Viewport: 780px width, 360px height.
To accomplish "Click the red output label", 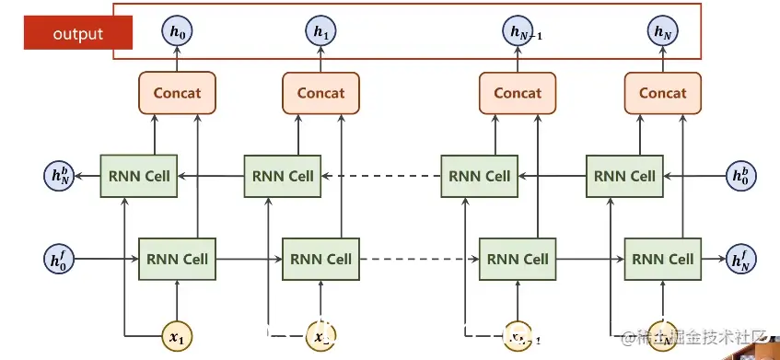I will tap(78, 35).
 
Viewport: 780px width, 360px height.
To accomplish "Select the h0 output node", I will tap(178, 33).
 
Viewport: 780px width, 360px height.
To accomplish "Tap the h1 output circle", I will tap(320, 33).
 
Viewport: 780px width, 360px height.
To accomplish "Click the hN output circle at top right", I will tap(662, 33).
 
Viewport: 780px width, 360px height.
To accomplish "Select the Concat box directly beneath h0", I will tap(177, 93).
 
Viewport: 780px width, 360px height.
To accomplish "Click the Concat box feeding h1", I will tap(320, 93).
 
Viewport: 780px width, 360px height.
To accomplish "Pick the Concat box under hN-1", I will tap(518, 93).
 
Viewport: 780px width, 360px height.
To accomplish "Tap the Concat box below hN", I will tap(662, 93).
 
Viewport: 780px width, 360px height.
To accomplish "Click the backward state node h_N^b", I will tap(60, 175).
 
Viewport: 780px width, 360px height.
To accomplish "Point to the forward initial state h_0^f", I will tap(60, 259).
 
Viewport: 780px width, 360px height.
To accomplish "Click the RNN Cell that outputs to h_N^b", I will tap(138, 176).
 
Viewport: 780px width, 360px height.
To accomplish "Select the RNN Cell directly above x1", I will tap(176, 259).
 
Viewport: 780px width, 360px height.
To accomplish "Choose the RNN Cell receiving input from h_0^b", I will tap(624, 176).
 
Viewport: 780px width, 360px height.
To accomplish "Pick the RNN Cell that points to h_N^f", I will tap(662, 259).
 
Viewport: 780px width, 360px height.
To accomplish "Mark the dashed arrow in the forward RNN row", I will tap(419, 259).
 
